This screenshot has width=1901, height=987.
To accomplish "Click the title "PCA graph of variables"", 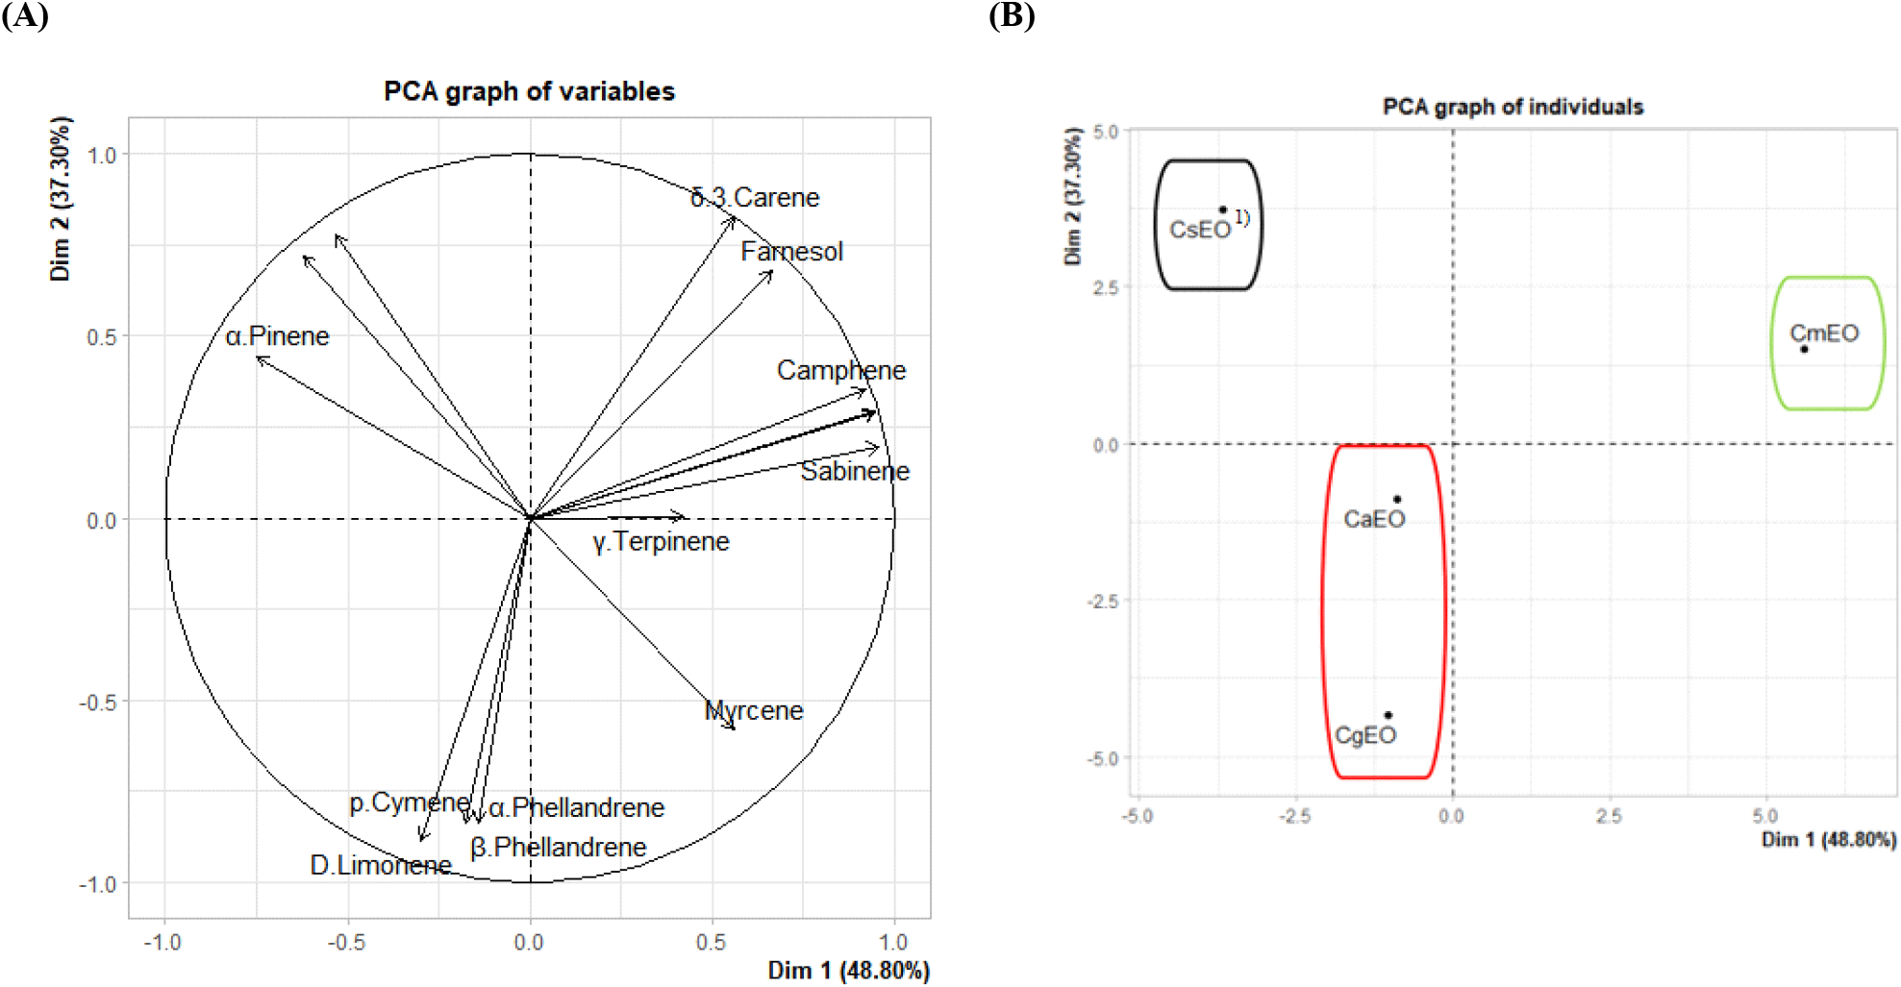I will coord(529,91).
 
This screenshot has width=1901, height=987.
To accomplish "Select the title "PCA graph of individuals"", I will coord(1513,107).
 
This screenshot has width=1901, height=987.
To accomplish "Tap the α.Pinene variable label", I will coord(277,336).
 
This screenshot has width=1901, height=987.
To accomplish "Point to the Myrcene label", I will coord(754,711).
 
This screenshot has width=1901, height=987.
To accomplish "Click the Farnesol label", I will coord(791,252).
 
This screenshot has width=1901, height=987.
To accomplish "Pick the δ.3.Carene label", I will coord(755,198).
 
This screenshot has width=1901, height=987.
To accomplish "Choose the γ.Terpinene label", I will coord(661,542).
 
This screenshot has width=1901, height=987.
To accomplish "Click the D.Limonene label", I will coord(381,866).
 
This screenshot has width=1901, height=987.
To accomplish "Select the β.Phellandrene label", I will coord(558,848).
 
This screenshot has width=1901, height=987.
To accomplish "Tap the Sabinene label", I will coord(855,472).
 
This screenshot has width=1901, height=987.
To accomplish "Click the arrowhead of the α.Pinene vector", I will coord(258,358).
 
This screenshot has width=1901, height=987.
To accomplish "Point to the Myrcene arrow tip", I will coord(734,728).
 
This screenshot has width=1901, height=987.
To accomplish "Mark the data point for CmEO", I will coord(1804,349).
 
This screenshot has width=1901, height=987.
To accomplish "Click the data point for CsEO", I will coord(1222,210).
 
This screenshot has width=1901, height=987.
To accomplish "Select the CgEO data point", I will coord(1388,715).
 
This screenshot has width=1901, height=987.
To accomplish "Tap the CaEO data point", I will coord(1397,499).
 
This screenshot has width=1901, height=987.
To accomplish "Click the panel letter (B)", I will coord(1012,16).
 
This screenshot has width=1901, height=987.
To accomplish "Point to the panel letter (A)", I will coord(25,16).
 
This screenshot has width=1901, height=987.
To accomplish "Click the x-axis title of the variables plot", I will coord(848,971).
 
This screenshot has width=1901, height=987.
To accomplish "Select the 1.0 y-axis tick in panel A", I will coord(101,156).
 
